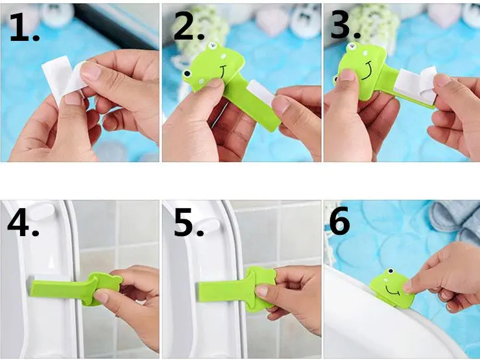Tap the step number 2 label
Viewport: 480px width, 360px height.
pos(189,27)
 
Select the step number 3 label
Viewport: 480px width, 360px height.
pos(346,26)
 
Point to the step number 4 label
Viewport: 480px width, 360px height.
pos(23,222)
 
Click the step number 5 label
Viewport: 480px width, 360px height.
pos(189,222)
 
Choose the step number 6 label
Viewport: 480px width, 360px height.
pos(339,221)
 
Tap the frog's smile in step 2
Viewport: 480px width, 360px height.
pos(224,72)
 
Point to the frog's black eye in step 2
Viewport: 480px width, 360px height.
pos(186,74)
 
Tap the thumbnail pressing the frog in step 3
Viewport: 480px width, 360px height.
pos(347,75)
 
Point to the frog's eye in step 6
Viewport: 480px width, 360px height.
pos(390,271)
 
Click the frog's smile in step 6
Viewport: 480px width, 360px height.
pos(392,291)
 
